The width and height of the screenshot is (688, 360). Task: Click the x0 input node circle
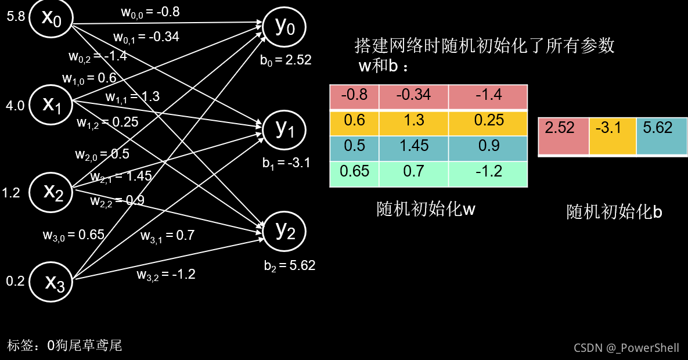(50, 18)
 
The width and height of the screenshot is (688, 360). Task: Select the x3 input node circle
(51, 281)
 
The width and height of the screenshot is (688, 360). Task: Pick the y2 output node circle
(284, 231)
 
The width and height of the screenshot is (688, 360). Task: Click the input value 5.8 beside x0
(16, 16)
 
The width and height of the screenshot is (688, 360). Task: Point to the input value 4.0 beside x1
(16, 106)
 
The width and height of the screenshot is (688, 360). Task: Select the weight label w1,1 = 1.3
(132, 97)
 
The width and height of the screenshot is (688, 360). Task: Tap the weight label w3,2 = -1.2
(166, 274)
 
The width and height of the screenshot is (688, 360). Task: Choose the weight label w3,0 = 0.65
(73, 235)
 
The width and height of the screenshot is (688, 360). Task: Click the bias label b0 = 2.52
(286, 60)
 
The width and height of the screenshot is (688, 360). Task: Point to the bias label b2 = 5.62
(289, 265)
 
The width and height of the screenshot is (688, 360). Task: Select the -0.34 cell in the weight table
(413, 95)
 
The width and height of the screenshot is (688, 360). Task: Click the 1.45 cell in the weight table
(413, 146)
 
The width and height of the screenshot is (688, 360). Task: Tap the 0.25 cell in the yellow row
(488, 120)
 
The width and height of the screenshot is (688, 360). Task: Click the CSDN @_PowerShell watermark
(626, 347)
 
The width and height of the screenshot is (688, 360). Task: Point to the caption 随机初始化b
(614, 213)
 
